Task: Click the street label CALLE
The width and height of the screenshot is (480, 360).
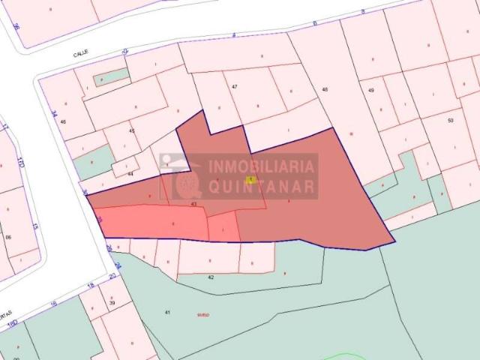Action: pyautogui.click(x=81, y=54)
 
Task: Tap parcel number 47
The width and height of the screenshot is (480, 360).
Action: pyautogui.click(x=235, y=87)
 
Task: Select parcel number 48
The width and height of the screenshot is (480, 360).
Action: pyautogui.click(x=325, y=90)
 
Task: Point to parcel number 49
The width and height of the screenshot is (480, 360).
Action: pyautogui.click(x=370, y=90)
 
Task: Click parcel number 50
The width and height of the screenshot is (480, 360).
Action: pyautogui.click(x=450, y=120)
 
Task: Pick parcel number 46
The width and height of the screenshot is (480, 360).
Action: pyautogui.click(x=63, y=121)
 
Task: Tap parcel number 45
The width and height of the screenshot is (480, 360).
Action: pyautogui.click(x=132, y=131)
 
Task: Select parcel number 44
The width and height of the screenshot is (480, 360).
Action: pyautogui.click(x=130, y=173)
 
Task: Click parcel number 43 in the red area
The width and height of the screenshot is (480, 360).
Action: pyautogui.click(x=193, y=203)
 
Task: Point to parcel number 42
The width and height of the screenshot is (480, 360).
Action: pyautogui.click(x=211, y=277)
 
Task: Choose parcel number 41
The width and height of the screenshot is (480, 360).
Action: pyautogui.click(x=168, y=312)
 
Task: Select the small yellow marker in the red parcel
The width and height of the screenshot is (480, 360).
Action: pyautogui.click(x=250, y=179)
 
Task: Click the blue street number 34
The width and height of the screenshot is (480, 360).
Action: pyautogui.click(x=54, y=114)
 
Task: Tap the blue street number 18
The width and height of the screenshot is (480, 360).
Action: pyautogui.click(x=91, y=286)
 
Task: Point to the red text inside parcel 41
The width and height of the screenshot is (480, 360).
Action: pyautogui.click(x=203, y=315)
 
